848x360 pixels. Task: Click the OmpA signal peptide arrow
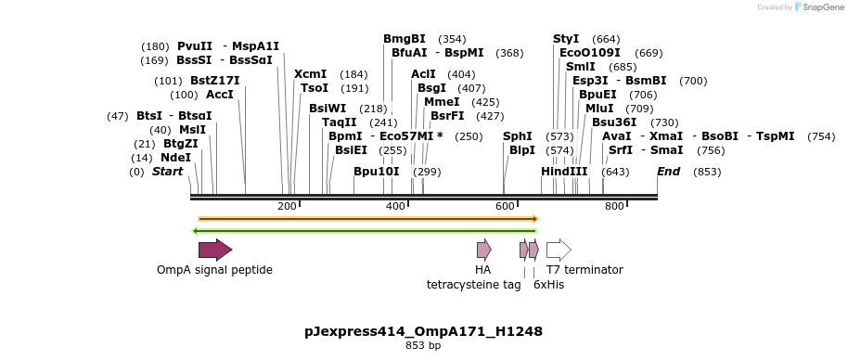tap(214, 249)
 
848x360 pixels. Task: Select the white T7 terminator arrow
tap(558, 249)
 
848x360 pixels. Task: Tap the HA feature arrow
tap(483, 249)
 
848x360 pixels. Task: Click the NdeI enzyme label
tap(175, 158)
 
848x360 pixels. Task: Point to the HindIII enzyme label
tap(564, 172)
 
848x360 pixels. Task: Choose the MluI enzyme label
tap(598, 109)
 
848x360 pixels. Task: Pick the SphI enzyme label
tap(518, 136)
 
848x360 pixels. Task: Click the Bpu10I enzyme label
tap(377, 172)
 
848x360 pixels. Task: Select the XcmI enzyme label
tap(310, 74)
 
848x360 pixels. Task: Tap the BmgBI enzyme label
tap(405, 39)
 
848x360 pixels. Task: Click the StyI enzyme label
tap(566, 39)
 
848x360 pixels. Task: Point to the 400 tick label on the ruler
tap(395, 206)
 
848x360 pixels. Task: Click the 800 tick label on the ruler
tap(614, 206)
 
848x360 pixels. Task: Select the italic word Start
tap(168, 172)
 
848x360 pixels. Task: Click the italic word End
tap(668, 172)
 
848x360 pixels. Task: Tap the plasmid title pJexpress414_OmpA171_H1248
tap(423, 331)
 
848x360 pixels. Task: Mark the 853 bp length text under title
tap(423, 346)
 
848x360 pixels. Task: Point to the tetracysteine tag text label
tap(473, 285)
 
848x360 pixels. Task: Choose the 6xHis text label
tap(548, 285)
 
